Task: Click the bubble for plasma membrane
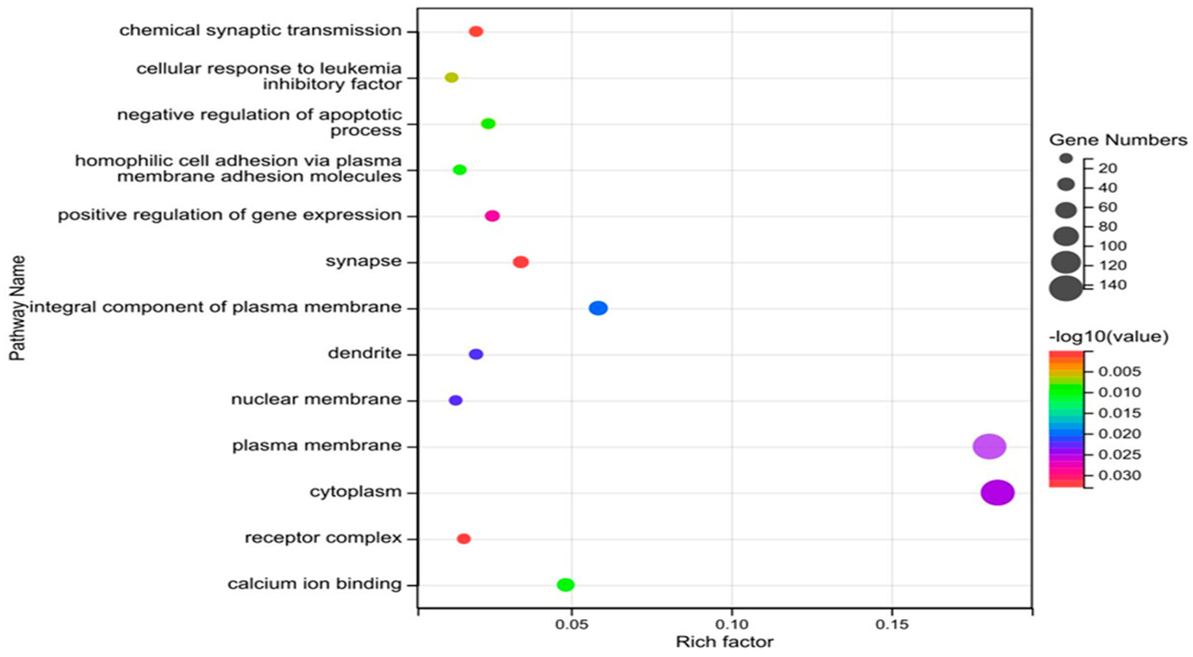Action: tap(989, 447)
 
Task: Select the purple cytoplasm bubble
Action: tap(997, 492)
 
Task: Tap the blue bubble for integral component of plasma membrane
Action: tap(598, 308)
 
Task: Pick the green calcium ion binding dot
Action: tap(565, 585)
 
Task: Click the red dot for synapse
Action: tap(520, 262)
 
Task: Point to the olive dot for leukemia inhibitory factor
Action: tap(451, 77)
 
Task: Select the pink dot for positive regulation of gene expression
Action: tap(492, 216)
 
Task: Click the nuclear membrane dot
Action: tap(456, 400)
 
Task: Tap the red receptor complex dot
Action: tap(463, 539)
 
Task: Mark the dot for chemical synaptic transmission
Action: tap(476, 31)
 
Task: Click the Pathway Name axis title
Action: tap(17, 308)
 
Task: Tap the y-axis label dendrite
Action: tap(364, 354)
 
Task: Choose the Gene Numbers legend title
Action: tap(1118, 140)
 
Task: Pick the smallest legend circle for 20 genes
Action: tap(1066, 159)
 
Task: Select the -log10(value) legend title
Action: tap(1108, 337)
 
